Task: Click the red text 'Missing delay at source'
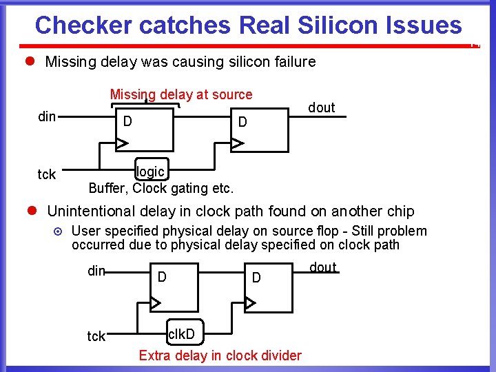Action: point(181,94)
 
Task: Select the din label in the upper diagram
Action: point(47,116)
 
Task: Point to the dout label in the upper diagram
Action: point(322,107)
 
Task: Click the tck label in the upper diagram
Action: point(47,174)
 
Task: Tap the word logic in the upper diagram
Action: point(151,172)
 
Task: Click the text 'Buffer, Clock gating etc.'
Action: point(161,188)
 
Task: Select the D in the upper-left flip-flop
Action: point(127,122)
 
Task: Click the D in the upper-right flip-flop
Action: point(242,122)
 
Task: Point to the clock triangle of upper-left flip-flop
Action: point(122,144)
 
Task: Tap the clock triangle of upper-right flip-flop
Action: point(237,144)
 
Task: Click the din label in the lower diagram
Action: point(96,271)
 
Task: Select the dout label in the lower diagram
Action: point(323,267)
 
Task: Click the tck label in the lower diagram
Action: point(96,336)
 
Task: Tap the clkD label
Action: point(183,335)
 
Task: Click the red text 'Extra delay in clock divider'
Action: point(220,355)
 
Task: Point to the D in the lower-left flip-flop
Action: point(162,277)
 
